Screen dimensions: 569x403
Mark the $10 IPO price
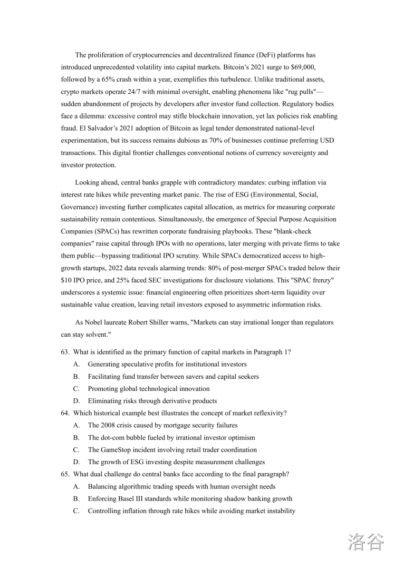68,280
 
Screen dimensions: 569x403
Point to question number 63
65,352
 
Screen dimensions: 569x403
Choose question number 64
65,413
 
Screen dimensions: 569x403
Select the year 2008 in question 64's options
109,425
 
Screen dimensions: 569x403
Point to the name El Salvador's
82,129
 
